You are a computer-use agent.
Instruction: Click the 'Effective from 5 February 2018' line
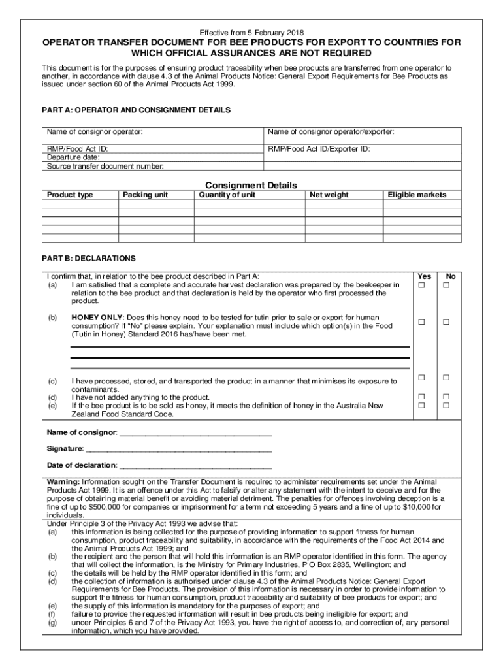pos(252,32)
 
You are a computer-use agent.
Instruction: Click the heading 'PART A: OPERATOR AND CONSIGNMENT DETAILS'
pos(136,110)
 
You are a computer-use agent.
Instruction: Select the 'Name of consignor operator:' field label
pos(95,133)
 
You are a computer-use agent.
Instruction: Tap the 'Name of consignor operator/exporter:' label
pos(331,133)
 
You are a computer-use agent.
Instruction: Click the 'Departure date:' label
pos(73,157)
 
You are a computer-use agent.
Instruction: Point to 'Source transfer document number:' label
pos(105,166)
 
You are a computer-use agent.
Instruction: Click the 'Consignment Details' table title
pos(252,185)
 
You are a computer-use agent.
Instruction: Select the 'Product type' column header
pos(70,195)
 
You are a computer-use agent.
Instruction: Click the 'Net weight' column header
pos(329,195)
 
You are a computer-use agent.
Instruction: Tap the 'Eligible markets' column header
pos(417,195)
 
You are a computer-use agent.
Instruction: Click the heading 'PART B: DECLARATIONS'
pos(89,258)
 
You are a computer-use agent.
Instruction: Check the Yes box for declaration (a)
pos(422,286)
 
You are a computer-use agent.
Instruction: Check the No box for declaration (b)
pos(447,321)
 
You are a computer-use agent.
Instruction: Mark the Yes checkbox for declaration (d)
pos(422,397)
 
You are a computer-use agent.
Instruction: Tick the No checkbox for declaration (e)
pos(447,406)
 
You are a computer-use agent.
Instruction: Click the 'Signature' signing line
pos(179,449)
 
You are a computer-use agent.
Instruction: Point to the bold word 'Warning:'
pos(63,481)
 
